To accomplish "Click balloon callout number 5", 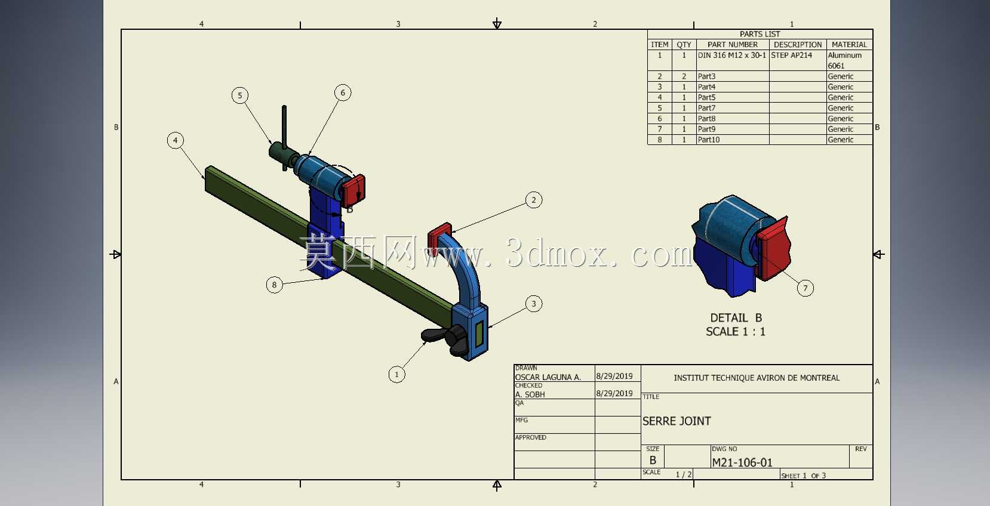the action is (x=240, y=95).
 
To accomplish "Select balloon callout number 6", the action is (x=343, y=92).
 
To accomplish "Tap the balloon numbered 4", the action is (x=176, y=140).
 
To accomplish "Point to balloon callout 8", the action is (x=275, y=285).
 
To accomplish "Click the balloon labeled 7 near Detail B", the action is (x=805, y=288).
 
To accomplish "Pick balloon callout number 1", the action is (x=396, y=374).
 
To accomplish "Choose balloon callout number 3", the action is (x=534, y=304).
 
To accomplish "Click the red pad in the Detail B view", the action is (x=773, y=249).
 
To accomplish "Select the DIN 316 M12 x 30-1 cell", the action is (x=732, y=55).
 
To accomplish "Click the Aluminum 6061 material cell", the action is (x=844, y=60).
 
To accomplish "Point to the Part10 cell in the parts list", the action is (x=709, y=140).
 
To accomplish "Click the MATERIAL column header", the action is (x=849, y=45).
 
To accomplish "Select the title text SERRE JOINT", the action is (x=677, y=421).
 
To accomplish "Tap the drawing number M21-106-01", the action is (x=742, y=462).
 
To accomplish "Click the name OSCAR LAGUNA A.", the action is (x=548, y=377).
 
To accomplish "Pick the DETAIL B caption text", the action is (x=736, y=318).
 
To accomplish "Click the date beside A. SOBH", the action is (x=614, y=393).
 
